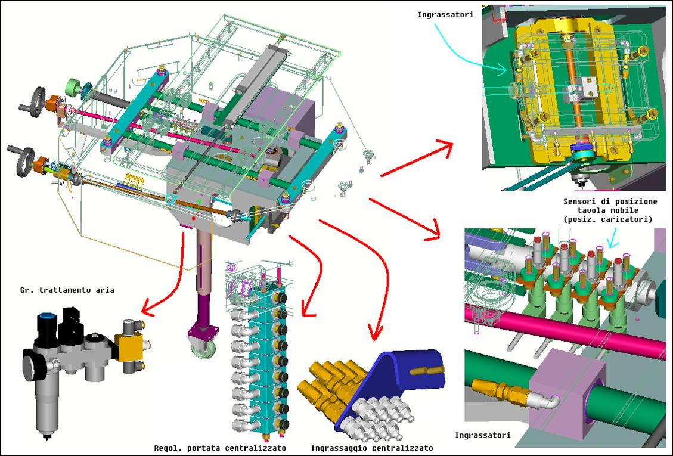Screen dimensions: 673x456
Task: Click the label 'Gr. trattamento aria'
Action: coord(67,290)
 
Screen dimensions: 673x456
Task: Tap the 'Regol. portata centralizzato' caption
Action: coord(220,448)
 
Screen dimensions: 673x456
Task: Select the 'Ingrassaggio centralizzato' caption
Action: coord(372,448)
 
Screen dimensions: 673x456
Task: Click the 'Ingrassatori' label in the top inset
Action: coord(445,14)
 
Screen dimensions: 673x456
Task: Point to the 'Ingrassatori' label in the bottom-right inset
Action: coord(482,435)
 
